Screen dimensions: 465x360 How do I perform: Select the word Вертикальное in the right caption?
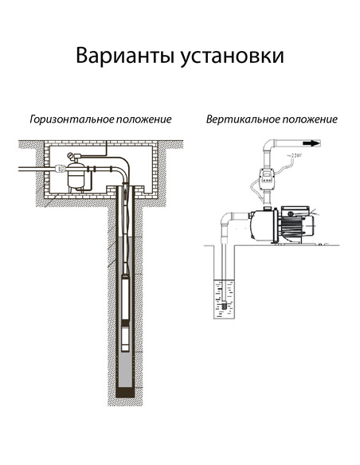240,119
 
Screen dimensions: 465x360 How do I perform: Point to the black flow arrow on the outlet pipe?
310,144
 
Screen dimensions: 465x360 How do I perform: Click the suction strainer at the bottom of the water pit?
225,304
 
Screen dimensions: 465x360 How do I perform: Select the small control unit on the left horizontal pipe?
60,169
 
